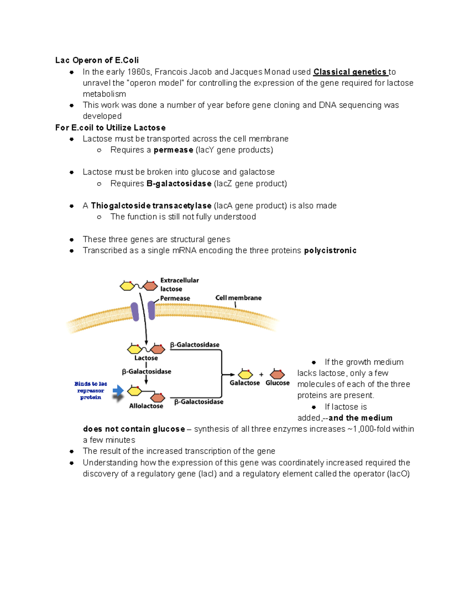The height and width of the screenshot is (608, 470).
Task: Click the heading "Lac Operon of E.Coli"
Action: point(97,60)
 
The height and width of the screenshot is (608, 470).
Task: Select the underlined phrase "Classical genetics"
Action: point(350,72)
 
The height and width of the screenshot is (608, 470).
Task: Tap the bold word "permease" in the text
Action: point(173,150)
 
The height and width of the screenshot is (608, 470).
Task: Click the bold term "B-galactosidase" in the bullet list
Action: point(179,184)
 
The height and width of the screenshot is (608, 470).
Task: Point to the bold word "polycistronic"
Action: point(330,251)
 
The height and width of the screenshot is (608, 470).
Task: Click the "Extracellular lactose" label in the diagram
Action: point(179,285)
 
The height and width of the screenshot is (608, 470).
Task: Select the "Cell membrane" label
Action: point(238,298)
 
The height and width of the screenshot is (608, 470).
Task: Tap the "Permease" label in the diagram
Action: point(175,298)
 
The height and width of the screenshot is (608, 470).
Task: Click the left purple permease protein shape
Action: point(135,312)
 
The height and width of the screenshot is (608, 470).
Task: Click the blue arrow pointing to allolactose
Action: point(118,391)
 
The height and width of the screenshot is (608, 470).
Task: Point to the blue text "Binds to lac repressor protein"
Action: point(90,391)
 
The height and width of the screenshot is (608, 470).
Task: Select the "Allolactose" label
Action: point(146,406)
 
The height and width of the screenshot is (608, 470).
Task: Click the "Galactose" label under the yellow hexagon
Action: point(244,383)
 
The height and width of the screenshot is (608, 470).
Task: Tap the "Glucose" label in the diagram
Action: point(277,383)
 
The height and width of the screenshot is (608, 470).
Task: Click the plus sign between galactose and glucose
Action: point(261,375)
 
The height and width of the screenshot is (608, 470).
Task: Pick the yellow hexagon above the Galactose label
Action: point(245,374)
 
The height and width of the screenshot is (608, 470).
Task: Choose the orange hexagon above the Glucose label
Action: point(277,374)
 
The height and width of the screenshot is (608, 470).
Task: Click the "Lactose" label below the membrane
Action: point(146,358)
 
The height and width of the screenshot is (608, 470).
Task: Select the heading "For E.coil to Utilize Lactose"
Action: point(110,128)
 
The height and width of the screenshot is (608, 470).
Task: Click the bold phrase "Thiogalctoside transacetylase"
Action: point(151,206)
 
